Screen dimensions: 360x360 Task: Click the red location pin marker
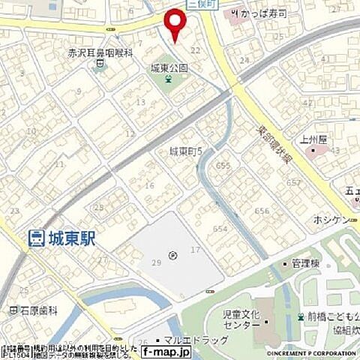point(175,24)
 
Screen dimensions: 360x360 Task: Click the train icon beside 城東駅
point(34,239)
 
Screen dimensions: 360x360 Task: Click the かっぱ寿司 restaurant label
point(259,13)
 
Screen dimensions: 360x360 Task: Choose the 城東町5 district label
point(187,151)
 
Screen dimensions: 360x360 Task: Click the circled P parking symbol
point(173,256)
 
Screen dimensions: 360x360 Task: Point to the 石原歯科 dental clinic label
point(34,309)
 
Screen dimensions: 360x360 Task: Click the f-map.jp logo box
point(163,350)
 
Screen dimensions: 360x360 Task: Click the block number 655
point(222,165)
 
